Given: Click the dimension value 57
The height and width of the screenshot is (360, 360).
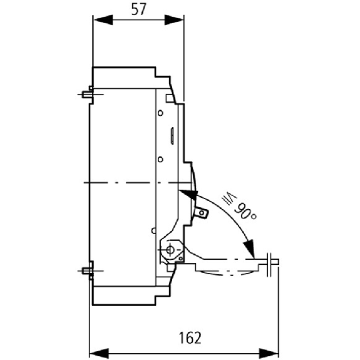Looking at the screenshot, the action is tap(139, 9).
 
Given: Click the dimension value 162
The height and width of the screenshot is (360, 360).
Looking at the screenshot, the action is tap(190, 337).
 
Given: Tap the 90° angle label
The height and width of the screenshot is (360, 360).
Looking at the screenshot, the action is tap(245, 210).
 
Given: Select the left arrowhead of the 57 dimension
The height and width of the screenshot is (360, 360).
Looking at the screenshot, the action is tap(103, 20).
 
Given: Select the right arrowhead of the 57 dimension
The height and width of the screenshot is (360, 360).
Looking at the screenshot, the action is tap(174, 20).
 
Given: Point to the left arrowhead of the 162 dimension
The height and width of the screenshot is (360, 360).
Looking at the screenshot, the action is tap(99, 353).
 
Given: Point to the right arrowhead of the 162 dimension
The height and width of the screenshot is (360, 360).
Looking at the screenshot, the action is tap(269, 353).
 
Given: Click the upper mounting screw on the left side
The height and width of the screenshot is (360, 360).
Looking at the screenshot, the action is tap(87, 95).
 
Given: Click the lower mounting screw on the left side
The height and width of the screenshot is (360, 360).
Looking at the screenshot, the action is tap(87, 271).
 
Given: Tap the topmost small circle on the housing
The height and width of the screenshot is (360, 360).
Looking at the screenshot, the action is tap(160, 113).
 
